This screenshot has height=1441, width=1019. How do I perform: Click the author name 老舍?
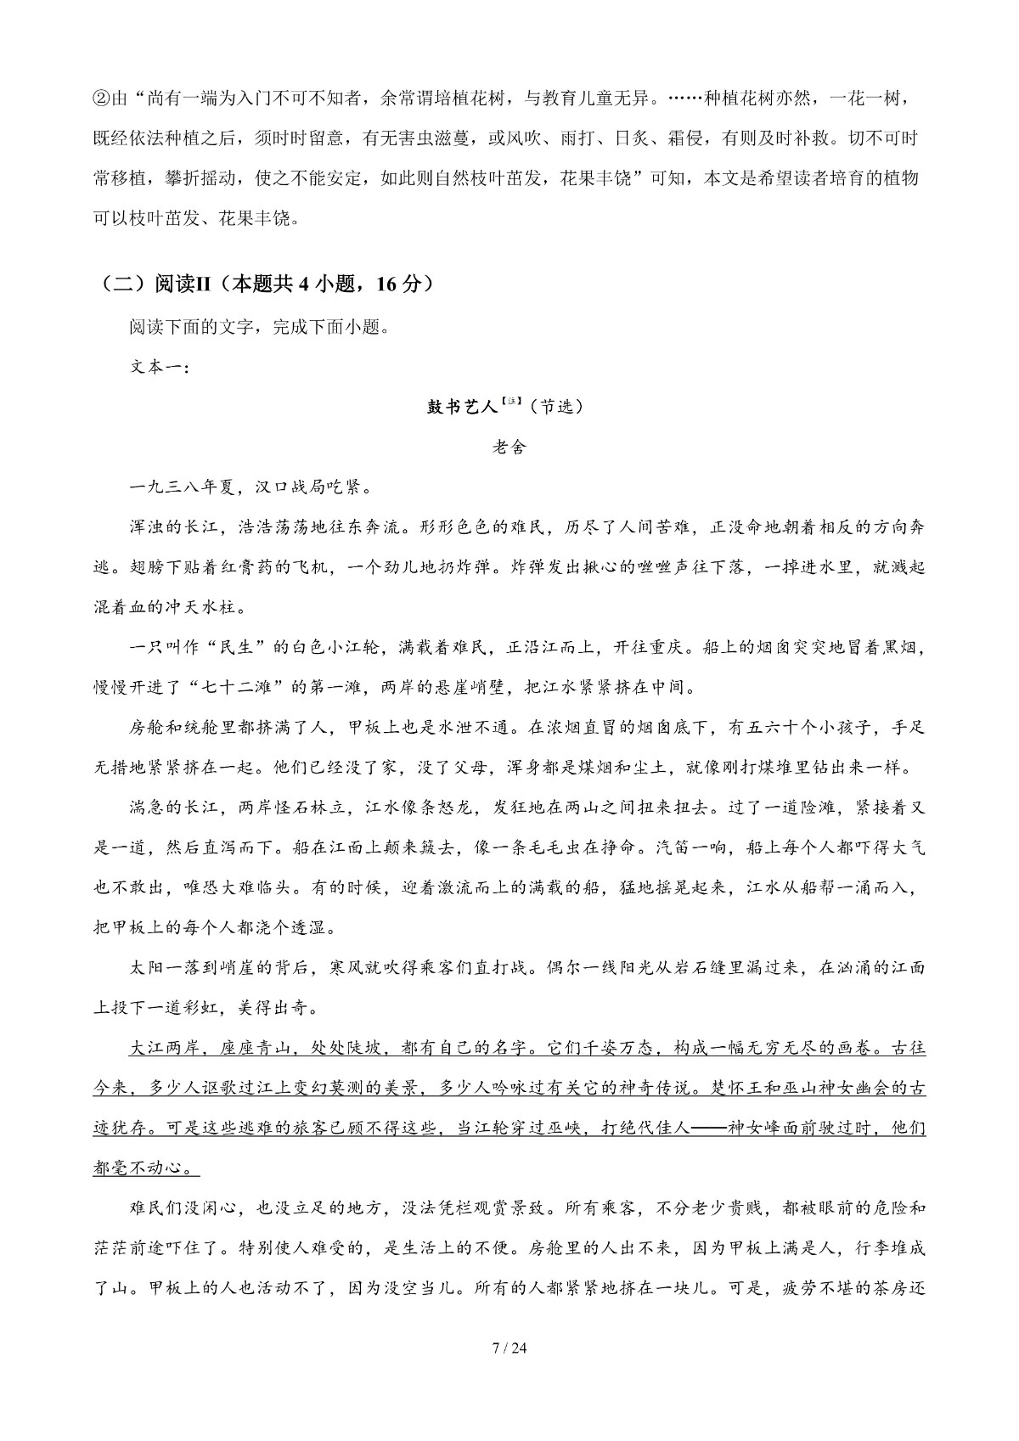click(x=509, y=447)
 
